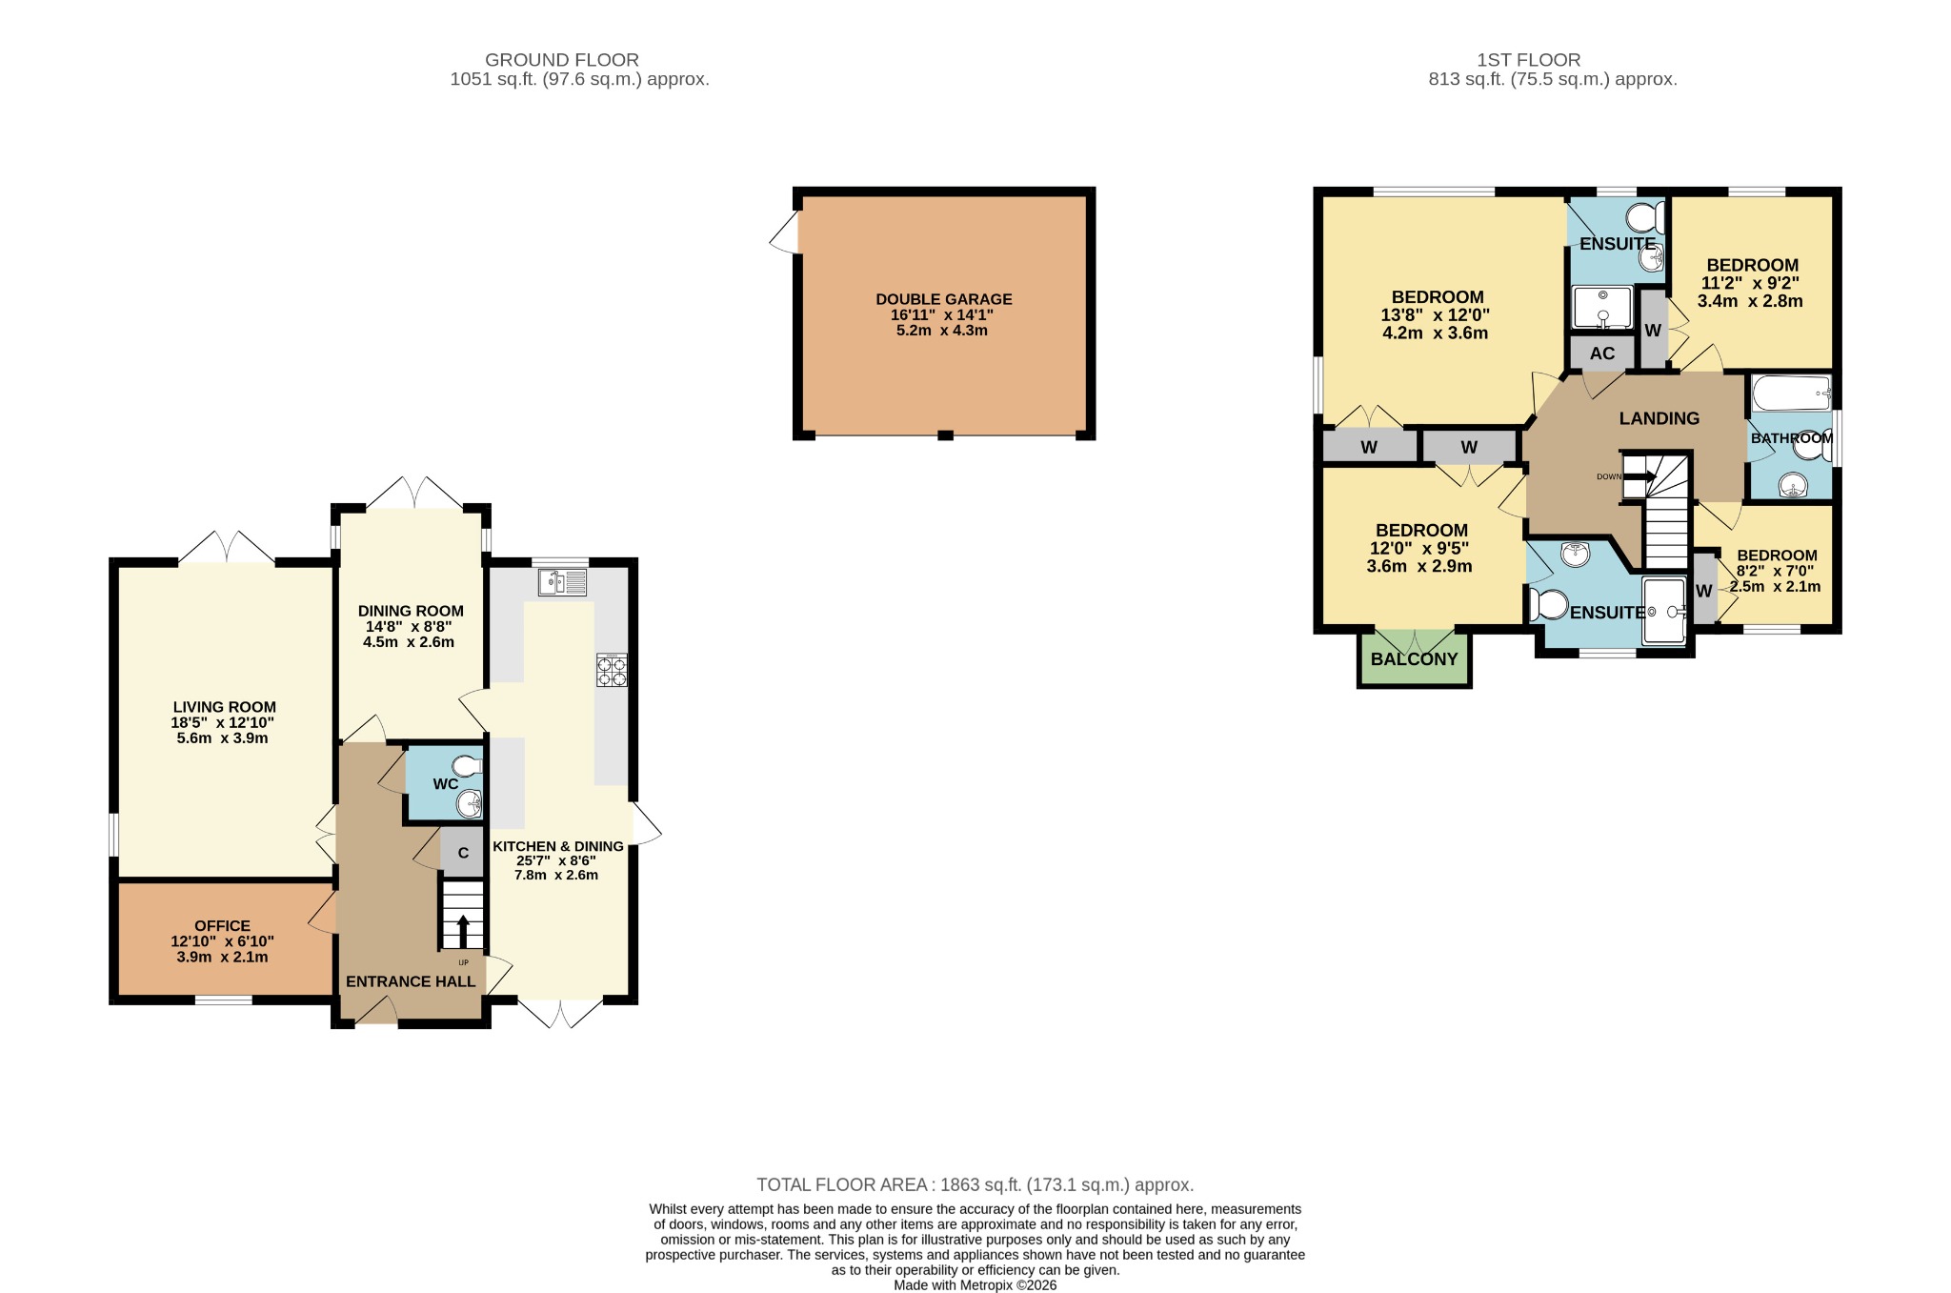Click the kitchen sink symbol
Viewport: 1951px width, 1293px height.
pyautogui.click(x=562, y=581)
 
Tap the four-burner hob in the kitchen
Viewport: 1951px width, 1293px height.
pyautogui.click(x=612, y=670)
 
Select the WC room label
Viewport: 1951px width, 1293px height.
pyautogui.click(x=445, y=784)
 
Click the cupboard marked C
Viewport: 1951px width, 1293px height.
pyautogui.click(x=463, y=853)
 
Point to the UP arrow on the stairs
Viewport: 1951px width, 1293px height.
pyautogui.click(x=463, y=929)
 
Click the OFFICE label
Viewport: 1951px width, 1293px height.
pyautogui.click(x=222, y=925)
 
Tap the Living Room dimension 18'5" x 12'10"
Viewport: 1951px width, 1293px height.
pyautogui.click(x=223, y=723)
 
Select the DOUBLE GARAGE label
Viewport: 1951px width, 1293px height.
pyautogui.click(x=943, y=299)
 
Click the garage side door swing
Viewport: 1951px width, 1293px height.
pyautogui.click(x=785, y=232)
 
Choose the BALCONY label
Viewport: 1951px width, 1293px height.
pyautogui.click(x=1414, y=659)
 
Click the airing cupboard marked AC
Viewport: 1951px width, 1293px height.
pyautogui.click(x=1602, y=354)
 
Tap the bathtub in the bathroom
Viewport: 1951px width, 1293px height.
pyautogui.click(x=1792, y=393)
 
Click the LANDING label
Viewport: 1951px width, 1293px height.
pyautogui.click(x=1659, y=418)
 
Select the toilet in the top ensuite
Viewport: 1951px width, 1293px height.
pyautogui.click(x=1644, y=218)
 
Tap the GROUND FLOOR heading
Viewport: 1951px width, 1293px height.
pyautogui.click(x=562, y=60)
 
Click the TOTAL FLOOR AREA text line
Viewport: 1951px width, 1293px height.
pyautogui.click(x=975, y=1184)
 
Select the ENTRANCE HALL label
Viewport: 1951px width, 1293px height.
pyautogui.click(x=410, y=981)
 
